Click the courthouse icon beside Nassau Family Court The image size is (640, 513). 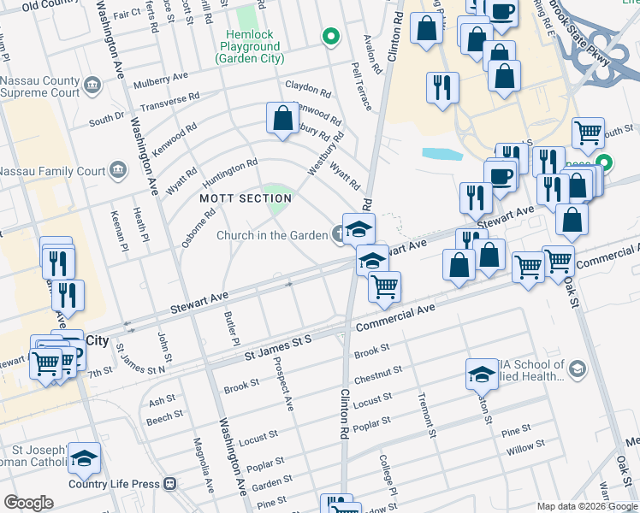117,171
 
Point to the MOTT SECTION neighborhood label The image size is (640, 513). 246,198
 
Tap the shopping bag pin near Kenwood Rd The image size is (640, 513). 282,120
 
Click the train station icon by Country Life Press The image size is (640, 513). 169,484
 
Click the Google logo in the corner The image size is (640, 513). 28,503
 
